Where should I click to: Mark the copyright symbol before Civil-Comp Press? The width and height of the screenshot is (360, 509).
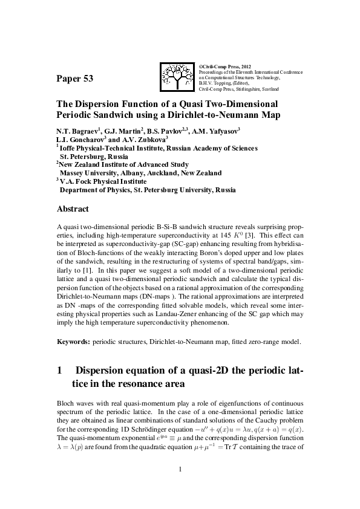200,65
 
